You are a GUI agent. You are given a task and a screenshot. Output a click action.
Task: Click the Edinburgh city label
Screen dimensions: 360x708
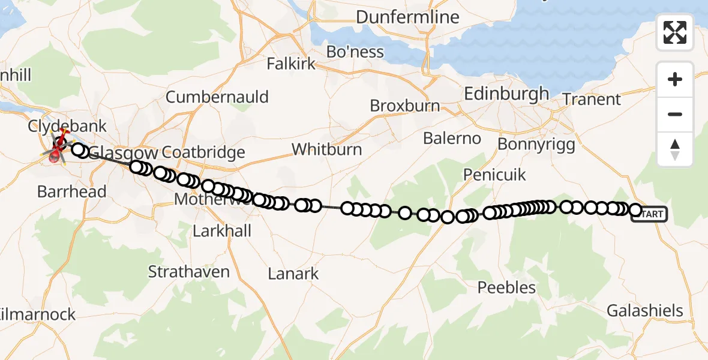click(x=507, y=94)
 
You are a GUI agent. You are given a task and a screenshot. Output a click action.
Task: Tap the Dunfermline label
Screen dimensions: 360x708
click(x=407, y=17)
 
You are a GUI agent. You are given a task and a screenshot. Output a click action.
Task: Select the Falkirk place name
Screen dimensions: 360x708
click(x=291, y=64)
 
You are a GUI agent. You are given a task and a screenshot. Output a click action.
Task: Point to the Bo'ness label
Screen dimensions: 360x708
click(x=355, y=52)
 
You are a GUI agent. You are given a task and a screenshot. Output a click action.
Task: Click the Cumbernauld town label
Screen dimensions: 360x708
click(x=217, y=97)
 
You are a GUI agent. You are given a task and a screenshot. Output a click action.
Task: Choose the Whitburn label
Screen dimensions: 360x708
click(x=327, y=149)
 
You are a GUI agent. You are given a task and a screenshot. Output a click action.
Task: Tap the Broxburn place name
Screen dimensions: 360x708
click(x=405, y=106)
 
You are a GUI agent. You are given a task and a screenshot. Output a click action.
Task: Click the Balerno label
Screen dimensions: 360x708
click(x=452, y=139)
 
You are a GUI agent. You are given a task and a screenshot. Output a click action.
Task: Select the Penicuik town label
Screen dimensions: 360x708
click(x=494, y=175)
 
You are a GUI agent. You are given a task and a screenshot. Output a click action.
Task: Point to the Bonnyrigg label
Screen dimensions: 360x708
click(x=536, y=144)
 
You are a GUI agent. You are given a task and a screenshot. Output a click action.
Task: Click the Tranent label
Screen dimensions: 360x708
click(x=592, y=100)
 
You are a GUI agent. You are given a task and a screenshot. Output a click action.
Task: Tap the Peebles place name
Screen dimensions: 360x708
click(x=506, y=288)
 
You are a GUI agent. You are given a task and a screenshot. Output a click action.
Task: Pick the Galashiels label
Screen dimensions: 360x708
click(x=645, y=311)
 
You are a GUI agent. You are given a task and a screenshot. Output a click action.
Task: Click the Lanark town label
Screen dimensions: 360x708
click(x=293, y=274)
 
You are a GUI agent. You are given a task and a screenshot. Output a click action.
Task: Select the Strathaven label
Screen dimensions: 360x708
click(x=189, y=272)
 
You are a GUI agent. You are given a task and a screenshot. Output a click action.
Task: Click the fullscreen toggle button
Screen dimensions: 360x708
click(x=675, y=32)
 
